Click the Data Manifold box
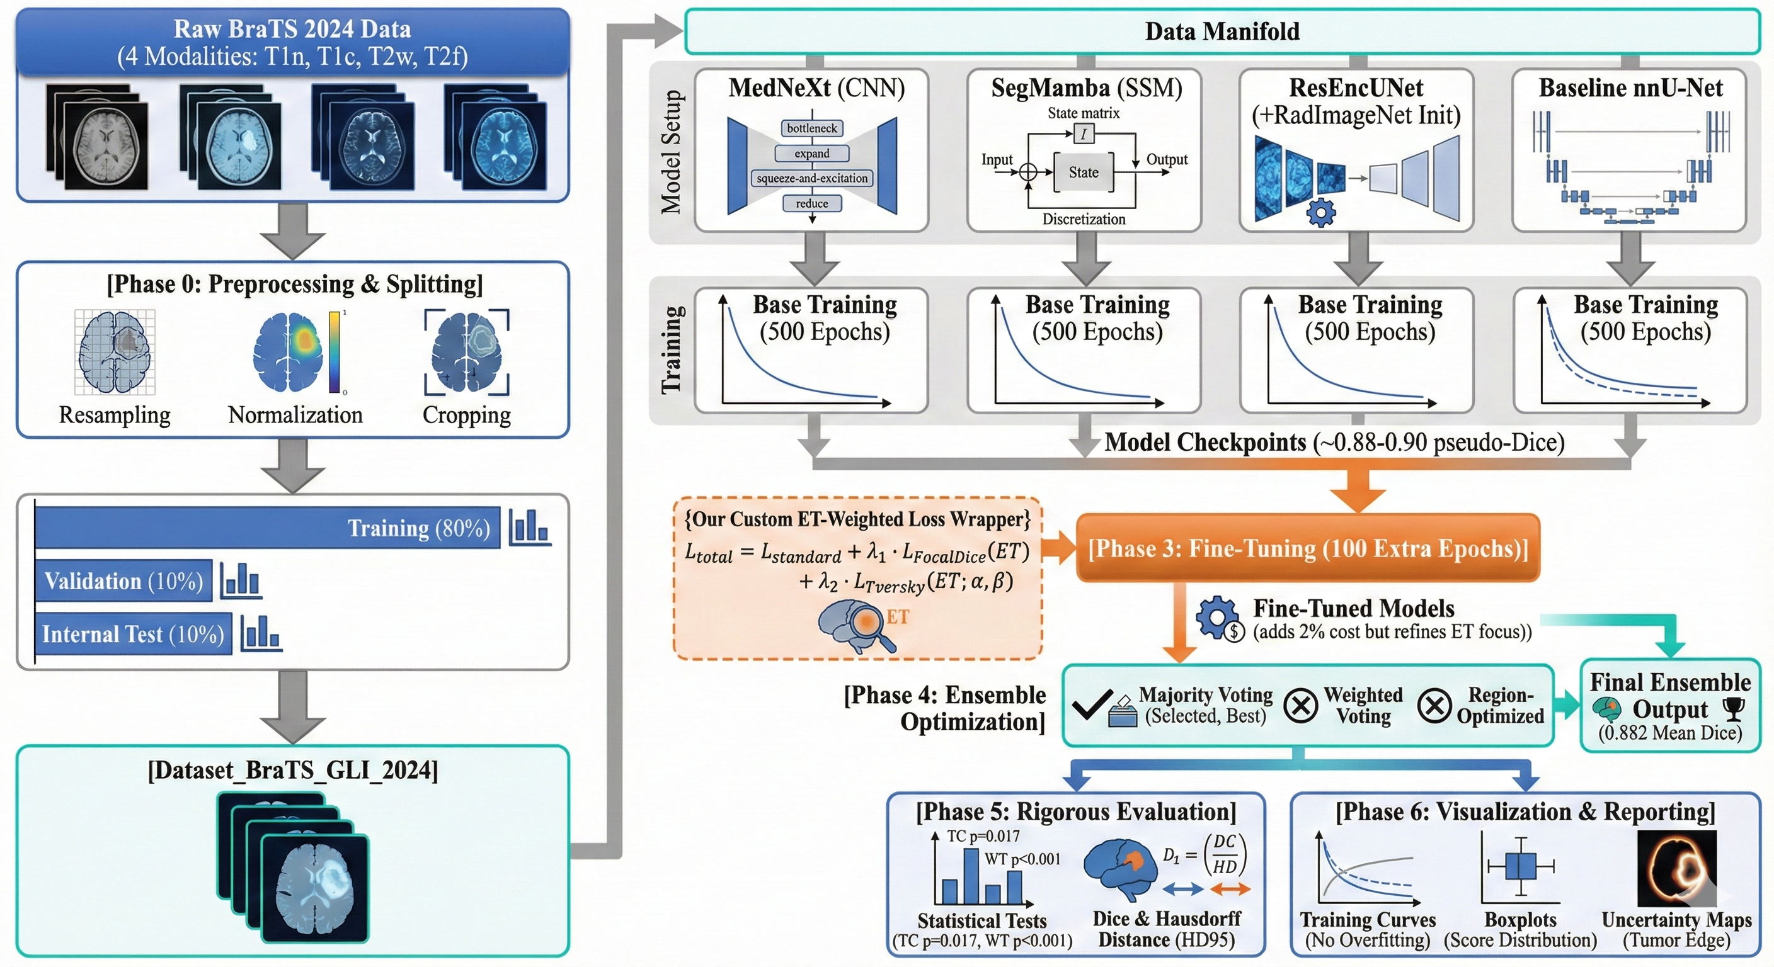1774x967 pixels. tap(1222, 31)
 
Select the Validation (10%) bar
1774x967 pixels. tap(123, 581)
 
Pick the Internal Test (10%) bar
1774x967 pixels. tap(133, 633)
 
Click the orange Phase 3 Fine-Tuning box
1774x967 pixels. tap(1307, 548)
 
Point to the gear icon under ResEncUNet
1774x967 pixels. tap(1320, 213)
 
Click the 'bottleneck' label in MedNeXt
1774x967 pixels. tap(812, 128)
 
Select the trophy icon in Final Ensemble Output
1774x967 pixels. tap(1732, 708)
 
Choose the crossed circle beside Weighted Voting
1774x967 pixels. tap(1300, 706)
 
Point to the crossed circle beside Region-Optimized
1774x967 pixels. tap(1434, 706)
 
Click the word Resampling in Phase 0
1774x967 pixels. tap(114, 415)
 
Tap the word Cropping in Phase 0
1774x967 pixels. tap(466, 415)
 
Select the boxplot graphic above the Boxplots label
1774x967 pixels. tap(1521, 866)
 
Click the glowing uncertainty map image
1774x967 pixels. tap(1676, 869)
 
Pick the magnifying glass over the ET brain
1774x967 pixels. tap(871, 623)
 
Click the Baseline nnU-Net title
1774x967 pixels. tap(1630, 88)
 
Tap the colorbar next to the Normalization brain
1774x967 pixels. tap(334, 352)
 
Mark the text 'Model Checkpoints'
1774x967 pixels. tap(1205, 443)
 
